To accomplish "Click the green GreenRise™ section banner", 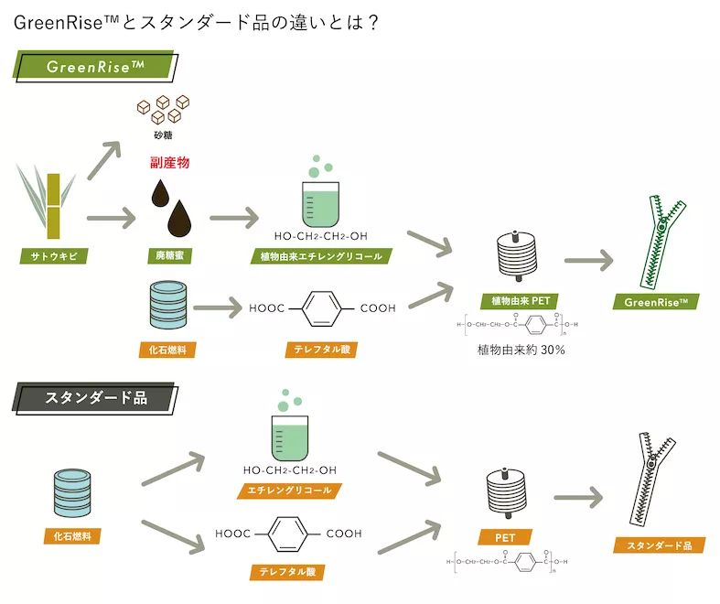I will point(95,67).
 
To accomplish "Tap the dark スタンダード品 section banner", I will point(95,399).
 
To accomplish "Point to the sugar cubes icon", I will point(164,110).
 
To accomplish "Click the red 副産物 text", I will point(169,163).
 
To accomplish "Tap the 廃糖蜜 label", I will point(169,256).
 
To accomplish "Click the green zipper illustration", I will point(663,241).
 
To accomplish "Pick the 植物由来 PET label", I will point(520,300).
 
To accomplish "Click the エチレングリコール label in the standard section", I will point(289,491).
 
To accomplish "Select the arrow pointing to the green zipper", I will point(587,260).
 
